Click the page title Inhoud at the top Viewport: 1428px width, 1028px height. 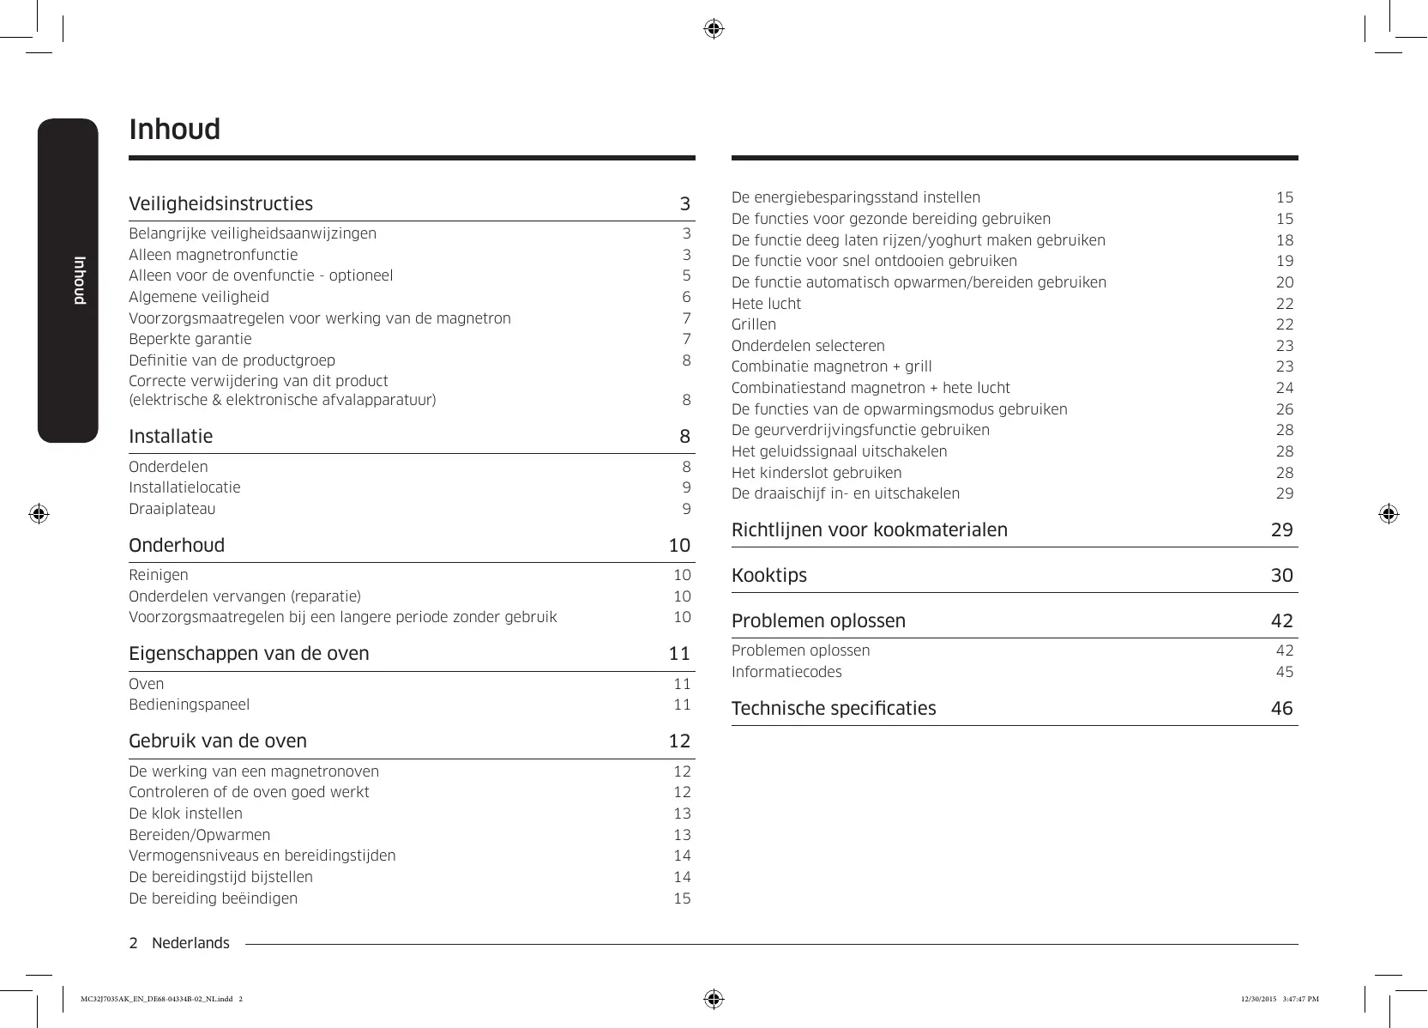tap(174, 130)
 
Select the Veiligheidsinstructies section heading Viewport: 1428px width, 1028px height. tap(220, 204)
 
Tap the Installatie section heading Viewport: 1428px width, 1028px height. tap(171, 437)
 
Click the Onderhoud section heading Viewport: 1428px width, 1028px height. tap(177, 546)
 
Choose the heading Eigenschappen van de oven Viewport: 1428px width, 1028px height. tap(249, 654)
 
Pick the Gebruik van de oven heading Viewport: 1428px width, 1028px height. tap(217, 741)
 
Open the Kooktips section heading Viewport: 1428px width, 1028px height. tap(768, 576)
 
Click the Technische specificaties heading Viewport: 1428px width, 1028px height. tap(833, 709)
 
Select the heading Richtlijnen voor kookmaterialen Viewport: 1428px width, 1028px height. tap(869, 530)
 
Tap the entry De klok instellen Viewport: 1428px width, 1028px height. tap(185, 813)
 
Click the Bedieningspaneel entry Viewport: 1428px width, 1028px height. tap(189, 704)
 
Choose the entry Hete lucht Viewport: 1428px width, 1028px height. tap(766, 304)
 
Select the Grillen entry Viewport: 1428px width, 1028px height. tap(753, 324)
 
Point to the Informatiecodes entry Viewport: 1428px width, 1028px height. tap(786, 672)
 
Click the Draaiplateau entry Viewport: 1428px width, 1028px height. tap(172, 509)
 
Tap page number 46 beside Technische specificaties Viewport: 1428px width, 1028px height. tap(1281, 709)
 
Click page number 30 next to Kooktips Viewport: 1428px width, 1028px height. tap(1281, 576)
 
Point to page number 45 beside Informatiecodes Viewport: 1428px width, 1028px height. tap(1284, 672)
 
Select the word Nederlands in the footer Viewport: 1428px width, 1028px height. tap(190, 943)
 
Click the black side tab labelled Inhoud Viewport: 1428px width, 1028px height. tap(68, 281)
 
